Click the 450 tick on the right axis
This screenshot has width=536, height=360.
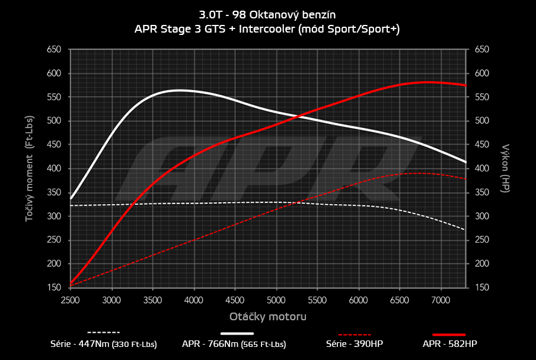481,145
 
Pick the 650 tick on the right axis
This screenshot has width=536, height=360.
481,50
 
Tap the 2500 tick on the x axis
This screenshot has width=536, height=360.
70,301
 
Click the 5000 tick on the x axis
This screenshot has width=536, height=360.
277,301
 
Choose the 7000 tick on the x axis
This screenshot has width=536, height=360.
441,301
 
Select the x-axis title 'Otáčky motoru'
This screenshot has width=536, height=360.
269,317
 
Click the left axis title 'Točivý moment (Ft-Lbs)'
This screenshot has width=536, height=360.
28,168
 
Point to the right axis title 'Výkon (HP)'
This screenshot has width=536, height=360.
506,168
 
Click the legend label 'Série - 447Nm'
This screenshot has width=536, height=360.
104,344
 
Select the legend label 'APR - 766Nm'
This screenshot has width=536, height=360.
235,344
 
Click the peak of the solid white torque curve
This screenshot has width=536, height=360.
178,90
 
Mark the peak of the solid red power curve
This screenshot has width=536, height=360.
426,82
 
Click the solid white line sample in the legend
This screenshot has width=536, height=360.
241,333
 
